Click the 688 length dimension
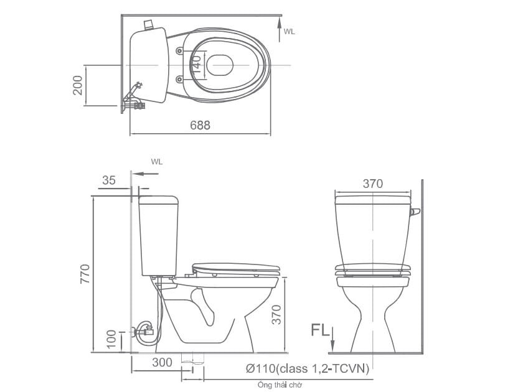click(x=200, y=125)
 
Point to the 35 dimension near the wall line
click(x=109, y=180)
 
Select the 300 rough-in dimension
click(x=161, y=362)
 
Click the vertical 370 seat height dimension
click(x=276, y=315)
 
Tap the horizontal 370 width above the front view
click(x=372, y=184)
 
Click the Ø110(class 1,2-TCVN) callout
click(x=308, y=368)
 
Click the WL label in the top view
click(x=290, y=31)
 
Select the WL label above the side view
click(x=156, y=161)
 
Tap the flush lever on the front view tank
click(x=415, y=213)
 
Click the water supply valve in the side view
click(x=146, y=330)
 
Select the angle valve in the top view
click(x=135, y=96)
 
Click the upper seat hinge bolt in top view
click(x=180, y=50)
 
